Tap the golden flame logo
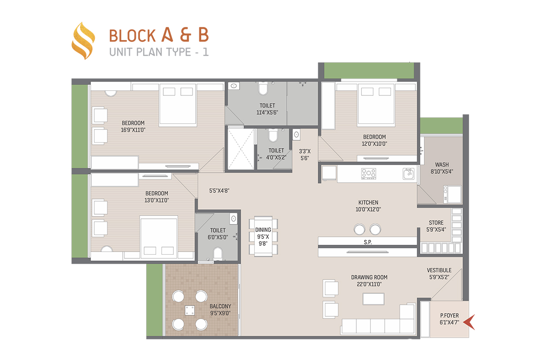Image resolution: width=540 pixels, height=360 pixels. (x=83, y=41)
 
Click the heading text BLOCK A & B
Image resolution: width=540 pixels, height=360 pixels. (x=159, y=35)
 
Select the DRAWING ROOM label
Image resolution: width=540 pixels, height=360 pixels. (x=369, y=277)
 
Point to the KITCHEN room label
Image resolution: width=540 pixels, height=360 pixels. (x=368, y=202)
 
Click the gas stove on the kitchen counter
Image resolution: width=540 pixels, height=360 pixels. (x=369, y=174)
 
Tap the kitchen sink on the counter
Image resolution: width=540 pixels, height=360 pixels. (x=409, y=174)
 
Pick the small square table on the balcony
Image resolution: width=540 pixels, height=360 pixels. (x=190, y=310)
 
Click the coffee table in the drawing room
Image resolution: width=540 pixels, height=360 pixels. (x=373, y=299)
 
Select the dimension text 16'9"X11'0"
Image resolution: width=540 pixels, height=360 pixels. (x=133, y=130)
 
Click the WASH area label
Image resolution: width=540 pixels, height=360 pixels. (x=442, y=165)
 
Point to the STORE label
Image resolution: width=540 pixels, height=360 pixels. (x=436, y=223)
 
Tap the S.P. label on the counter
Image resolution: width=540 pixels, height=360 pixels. (x=368, y=242)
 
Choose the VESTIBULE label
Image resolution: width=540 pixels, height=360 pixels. (x=439, y=270)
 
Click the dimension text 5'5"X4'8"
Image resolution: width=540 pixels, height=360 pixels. (x=219, y=191)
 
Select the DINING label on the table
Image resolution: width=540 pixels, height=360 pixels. (x=263, y=230)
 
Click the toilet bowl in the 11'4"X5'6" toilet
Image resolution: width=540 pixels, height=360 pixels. (x=263, y=89)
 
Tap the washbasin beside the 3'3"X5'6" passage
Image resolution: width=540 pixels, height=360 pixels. (x=297, y=135)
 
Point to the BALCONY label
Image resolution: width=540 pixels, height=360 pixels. (x=220, y=306)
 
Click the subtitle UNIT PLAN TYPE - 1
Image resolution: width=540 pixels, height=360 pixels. (x=159, y=52)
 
